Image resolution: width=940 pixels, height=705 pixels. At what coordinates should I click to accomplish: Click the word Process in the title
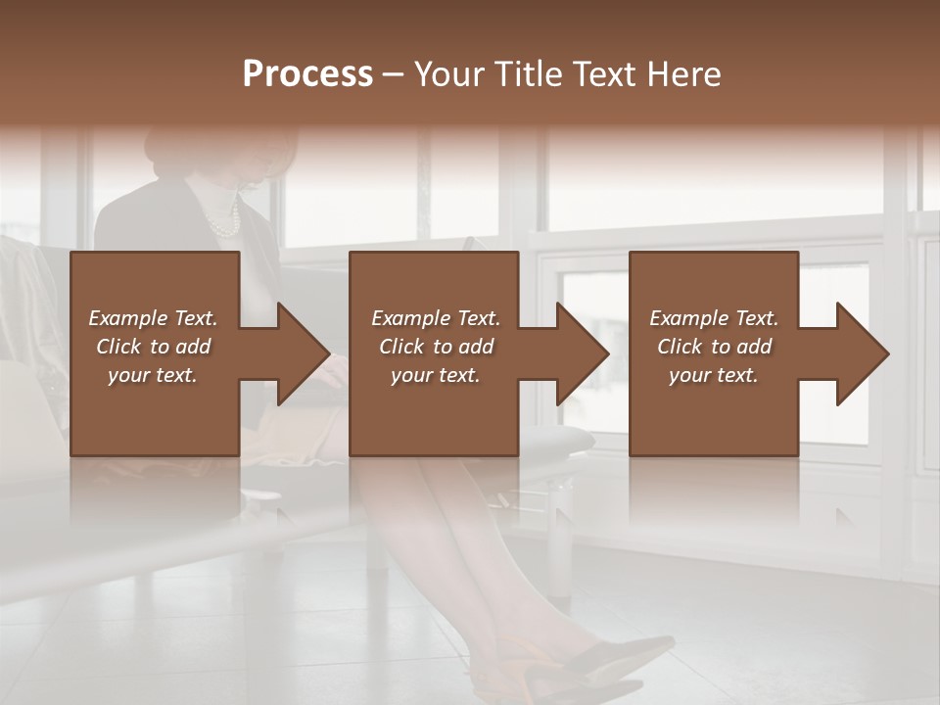pos(307,74)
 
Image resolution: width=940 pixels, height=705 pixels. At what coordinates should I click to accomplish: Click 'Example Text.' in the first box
pos(153,318)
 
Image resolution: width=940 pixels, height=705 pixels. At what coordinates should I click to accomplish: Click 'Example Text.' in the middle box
pos(435,318)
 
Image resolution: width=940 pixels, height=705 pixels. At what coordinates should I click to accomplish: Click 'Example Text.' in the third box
pos(714,318)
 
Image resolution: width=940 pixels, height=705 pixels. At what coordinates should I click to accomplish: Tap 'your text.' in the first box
pos(153,375)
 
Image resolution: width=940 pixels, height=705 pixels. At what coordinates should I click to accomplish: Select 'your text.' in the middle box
pos(435,375)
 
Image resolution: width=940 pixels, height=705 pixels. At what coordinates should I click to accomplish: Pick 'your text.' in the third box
pos(714,375)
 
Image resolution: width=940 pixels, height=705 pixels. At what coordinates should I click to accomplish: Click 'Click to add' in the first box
pos(153,347)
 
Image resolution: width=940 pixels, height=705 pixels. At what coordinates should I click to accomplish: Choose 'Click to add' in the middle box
pos(435,347)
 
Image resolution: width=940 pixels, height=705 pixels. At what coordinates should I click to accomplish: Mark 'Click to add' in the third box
pos(714,347)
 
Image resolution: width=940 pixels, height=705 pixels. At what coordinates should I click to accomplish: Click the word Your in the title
pos(446,74)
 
